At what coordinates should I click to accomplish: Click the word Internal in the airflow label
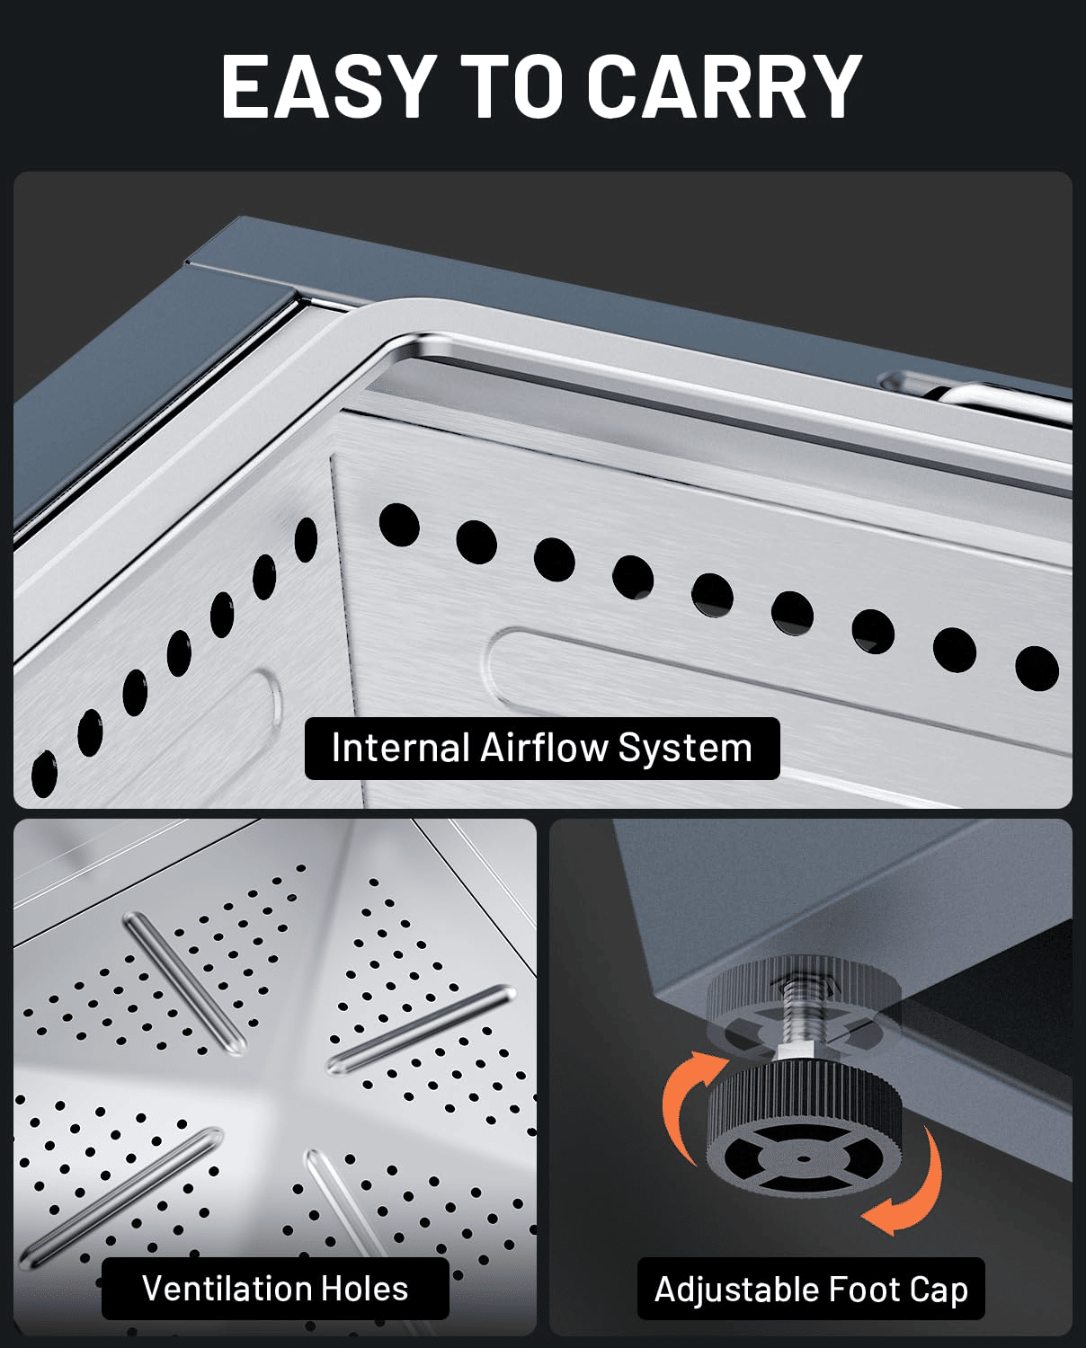(400, 748)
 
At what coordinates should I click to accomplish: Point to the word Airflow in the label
(544, 748)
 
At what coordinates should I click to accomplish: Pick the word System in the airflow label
(685, 749)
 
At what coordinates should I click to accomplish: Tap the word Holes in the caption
(364, 1289)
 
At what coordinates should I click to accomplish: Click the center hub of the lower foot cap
(804, 1159)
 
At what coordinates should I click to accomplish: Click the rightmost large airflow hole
(1037, 669)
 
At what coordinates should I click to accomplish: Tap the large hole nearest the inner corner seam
(399, 524)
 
